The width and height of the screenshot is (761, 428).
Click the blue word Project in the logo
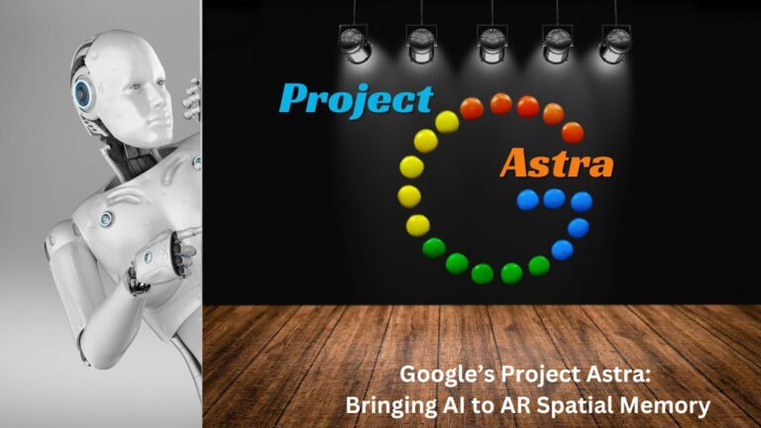click(x=356, y=98)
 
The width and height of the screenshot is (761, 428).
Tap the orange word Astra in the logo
click(x=556, y=162)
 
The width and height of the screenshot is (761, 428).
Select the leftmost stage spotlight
click(x=355, y=42)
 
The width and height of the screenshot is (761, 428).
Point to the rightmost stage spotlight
click(x=616, y=42)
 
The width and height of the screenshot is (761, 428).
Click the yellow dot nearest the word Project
click(x=447, y=122)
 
